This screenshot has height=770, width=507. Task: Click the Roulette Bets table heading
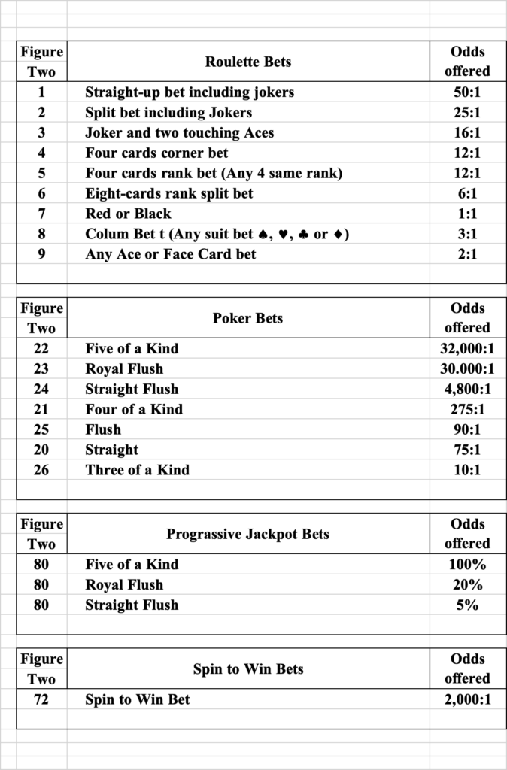tap(247, 62)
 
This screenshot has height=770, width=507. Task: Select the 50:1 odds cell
tap(466, 92)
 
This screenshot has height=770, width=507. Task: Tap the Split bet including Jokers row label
tap(168, 113)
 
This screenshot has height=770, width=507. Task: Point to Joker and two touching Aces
tap(179, 133)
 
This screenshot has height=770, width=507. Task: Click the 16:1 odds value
tap(466, 133)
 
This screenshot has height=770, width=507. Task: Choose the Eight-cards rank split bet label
tap(168, 193)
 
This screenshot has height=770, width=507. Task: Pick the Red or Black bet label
tap(128, 214)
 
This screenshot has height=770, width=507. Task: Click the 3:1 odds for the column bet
tap(466, 234)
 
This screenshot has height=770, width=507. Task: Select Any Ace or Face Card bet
tap(170, 254)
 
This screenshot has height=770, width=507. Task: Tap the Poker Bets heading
tap(247, 318)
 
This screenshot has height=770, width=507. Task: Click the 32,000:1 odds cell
tap(466, 349)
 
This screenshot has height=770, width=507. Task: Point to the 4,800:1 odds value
tap(466, 390)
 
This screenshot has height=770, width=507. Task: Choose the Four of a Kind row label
tap(134, 410)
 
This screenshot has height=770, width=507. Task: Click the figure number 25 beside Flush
tap(41, 430)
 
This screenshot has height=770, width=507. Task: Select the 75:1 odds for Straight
tap(466, 450)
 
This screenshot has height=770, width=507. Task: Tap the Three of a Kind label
tap(137, 471)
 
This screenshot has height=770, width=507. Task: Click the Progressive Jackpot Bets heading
tap(247, 535)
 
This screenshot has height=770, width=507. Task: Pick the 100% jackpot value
tap(466, 565)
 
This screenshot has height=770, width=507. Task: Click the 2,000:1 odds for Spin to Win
tap(466, 699)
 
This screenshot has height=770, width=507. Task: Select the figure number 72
tap(41, 699)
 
